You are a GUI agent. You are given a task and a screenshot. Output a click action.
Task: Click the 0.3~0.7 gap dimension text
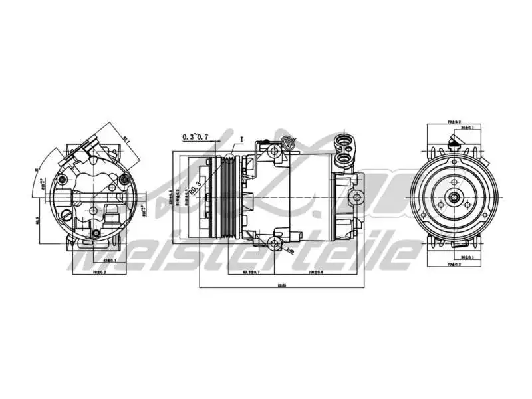point(196,137)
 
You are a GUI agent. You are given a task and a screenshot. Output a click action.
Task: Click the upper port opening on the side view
point(346,142)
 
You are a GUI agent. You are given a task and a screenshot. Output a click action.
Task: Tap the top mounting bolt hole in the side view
point(275,152)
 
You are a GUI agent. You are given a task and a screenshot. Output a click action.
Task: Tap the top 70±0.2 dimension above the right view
point(455,122)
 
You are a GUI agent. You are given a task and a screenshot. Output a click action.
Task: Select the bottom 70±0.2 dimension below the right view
point(455,264)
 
